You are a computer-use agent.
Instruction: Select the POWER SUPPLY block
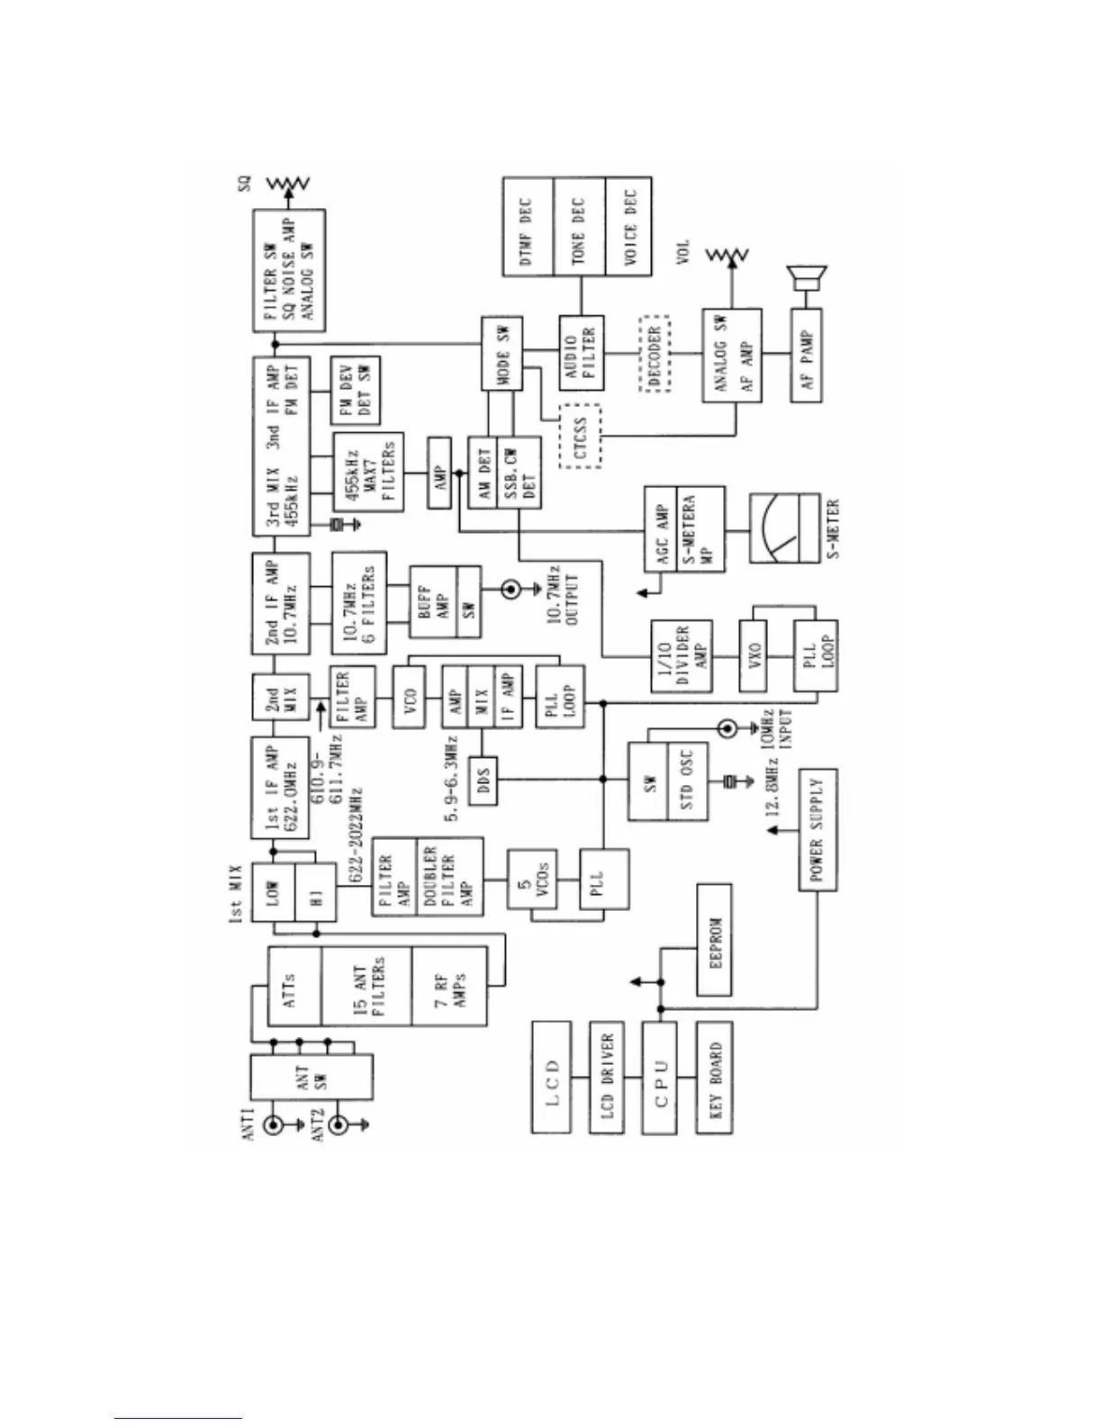pos(817,830)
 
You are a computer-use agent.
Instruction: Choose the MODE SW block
pos(501,353)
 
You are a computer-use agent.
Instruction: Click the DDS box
pos(484,780)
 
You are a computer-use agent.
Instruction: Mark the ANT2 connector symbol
pos(338,1124)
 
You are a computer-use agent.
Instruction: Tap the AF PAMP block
pos(807,354)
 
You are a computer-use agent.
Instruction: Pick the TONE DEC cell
pos(578,226)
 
